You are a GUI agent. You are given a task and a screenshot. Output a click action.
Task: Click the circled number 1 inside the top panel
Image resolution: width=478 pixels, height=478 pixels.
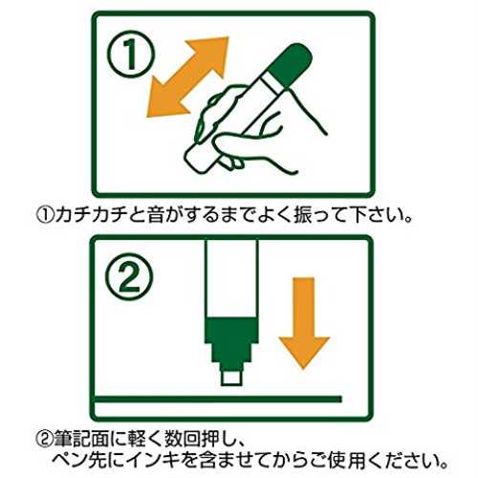click(130, 54)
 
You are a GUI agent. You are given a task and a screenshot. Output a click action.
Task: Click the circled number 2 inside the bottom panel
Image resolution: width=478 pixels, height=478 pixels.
click(129, 276)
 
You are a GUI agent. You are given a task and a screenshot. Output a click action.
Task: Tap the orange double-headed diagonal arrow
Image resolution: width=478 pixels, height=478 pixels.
click(187, 76)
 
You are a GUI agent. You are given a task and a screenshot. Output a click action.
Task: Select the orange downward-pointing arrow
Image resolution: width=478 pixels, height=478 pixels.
click(304, 322)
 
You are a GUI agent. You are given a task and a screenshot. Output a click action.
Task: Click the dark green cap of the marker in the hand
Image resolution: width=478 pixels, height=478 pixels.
click(289, 65)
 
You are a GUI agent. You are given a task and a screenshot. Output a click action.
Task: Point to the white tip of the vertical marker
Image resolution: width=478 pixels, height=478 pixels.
click(231, 379)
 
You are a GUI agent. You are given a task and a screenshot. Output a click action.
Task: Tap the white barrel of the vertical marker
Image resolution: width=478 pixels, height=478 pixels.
click(231, 279)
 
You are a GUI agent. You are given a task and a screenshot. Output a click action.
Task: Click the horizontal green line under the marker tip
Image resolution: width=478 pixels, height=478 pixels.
click(218, 399)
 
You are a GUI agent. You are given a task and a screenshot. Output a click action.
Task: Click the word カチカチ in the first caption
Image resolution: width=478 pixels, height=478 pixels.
click(90, 215)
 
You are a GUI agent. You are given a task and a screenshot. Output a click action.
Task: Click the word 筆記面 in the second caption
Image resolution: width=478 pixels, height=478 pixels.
click(80, 439)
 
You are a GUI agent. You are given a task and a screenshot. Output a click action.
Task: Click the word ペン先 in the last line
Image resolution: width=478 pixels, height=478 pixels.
click(79, 460)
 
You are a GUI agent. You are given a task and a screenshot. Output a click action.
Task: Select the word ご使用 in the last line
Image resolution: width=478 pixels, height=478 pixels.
click(338, 460)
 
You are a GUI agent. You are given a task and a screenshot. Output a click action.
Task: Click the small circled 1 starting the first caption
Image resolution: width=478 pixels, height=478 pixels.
click(46, 216)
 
